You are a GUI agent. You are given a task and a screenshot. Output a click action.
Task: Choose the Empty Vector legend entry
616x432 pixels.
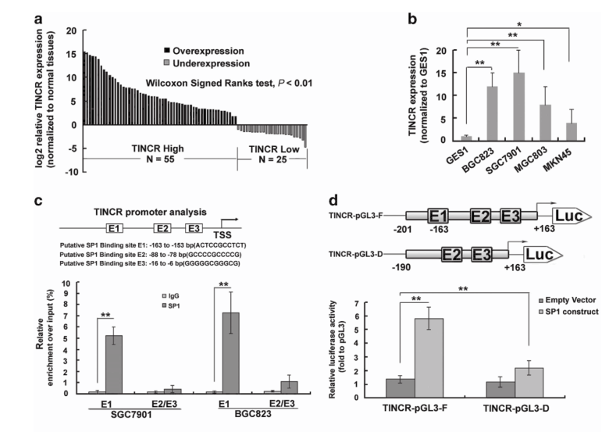(x=554, y=299)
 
